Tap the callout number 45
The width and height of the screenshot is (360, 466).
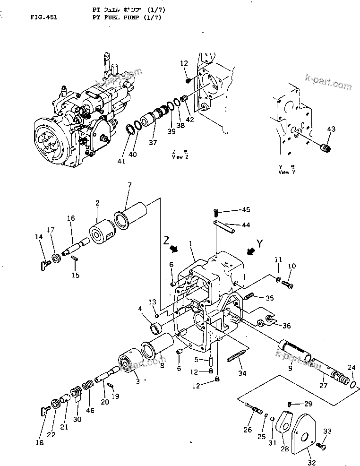(246, 209)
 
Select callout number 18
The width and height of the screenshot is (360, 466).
(39, 443)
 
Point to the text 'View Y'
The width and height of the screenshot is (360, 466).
(284, 173)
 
